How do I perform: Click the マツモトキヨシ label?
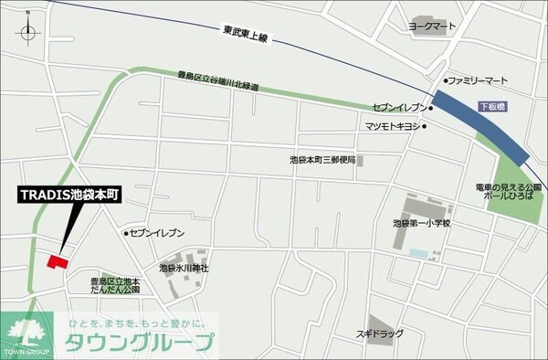pos(391,125)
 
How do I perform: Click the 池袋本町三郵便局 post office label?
pos(326,159)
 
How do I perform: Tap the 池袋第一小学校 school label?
pos(423,223)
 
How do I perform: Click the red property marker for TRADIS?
pos(57,262)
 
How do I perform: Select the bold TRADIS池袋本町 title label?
pos(76,196)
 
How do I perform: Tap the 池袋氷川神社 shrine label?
pos(184,268)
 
